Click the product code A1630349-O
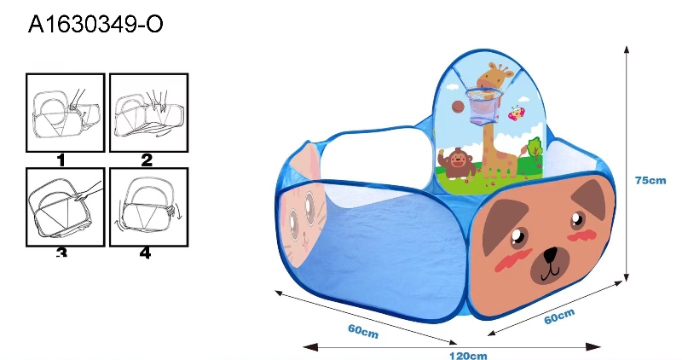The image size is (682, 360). pyautogui.click(x=95, y=24)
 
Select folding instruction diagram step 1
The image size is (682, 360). pyautogui.click(x=66, y=113)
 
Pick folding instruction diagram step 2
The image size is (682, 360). pyautogui.click(x=148, y=113)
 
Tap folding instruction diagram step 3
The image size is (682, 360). pyautogui.click(x=66, y=207)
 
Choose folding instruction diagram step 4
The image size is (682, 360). pyautogui.click(x=148, y=207)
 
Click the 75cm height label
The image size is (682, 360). pyautogui.click(x=650, y=180)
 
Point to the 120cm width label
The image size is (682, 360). pyautogui.click(x=468, y=356)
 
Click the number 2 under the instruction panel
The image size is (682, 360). pyautogui.click(x=147, y=160)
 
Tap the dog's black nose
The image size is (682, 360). pyautogui.click(x=550, y=254)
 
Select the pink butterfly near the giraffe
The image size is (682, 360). pyautogui.click(x=517, y=113)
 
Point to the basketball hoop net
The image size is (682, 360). pyautogui.click(x=483, y=107)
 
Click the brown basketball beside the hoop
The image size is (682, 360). pyautogui.click(x=458, y=107)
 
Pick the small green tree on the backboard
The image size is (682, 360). pyautogui.click(x=535, y=148)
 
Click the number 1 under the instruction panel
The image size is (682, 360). pyautogui.click(x=61, y=160)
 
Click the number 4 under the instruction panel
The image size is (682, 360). pyautogui.click(x=145, y=253)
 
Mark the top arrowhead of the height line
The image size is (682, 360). pyautogui.click(x=627, y=49)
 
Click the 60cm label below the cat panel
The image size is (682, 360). pyautogui.click(x=363, y=331)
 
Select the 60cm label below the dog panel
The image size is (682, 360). pyautogui.click(x=559, y=316)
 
